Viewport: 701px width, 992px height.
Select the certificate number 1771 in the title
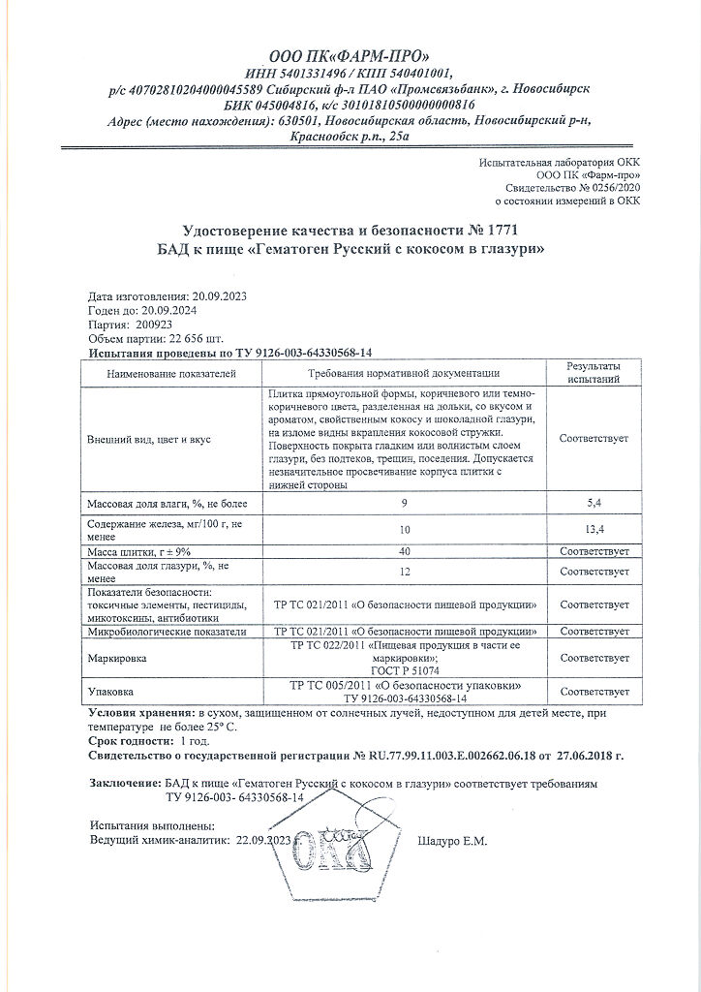501,230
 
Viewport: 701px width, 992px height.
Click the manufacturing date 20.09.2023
220,295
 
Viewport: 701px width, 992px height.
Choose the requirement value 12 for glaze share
404,572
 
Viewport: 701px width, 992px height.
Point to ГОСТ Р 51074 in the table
404,668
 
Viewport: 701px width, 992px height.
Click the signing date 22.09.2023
263,840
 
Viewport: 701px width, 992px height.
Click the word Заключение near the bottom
124,782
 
